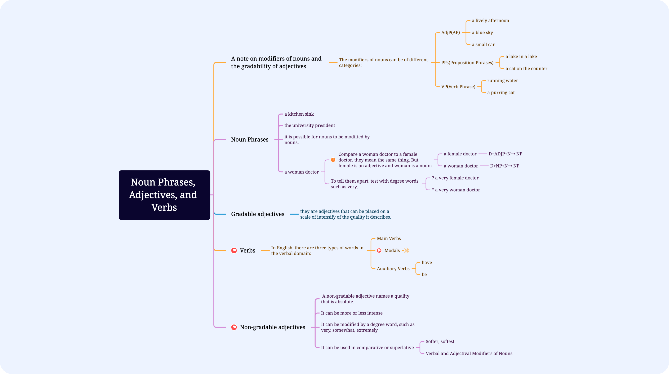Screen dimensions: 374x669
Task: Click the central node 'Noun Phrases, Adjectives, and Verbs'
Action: point(164,195)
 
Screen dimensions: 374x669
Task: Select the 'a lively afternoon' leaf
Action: point(490,21)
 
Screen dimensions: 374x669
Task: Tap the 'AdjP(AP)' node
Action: point(450,33)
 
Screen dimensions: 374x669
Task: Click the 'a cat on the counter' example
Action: point(526,69)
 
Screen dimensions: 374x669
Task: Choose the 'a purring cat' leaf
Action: point(501,92)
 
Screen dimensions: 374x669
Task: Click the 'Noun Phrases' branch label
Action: point(250,140)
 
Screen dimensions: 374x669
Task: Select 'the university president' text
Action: point(310,125)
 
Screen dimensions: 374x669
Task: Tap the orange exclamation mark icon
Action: point(333,160)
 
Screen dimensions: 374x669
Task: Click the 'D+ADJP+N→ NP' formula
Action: point(505,154)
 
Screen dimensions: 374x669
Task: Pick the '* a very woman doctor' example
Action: point(456,190)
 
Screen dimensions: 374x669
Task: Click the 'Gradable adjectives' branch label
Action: point(258,214)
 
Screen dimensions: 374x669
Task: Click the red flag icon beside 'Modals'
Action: point(379,251)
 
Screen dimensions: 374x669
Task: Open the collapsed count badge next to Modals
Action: point(406,251)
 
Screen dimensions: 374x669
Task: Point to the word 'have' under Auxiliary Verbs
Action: point(427,262)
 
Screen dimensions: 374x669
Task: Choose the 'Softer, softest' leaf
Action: point(440,341)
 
